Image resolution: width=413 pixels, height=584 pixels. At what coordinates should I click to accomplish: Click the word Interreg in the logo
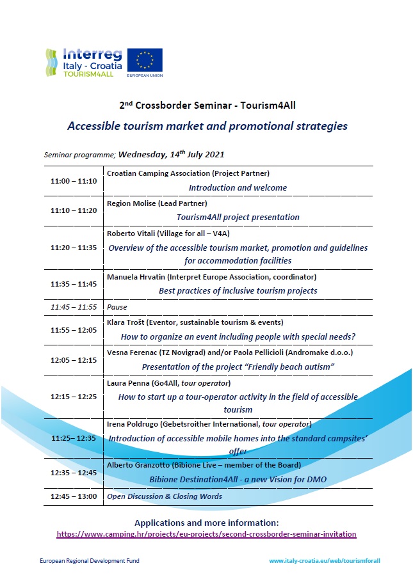(92, 54)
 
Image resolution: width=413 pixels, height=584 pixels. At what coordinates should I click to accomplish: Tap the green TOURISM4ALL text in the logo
(88, 74)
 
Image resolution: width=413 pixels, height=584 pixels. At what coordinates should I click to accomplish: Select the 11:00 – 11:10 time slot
(74, 181)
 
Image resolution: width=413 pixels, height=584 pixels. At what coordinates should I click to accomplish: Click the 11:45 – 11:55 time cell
(74, 307)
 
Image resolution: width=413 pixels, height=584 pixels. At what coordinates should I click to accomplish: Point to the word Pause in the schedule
(117, 307)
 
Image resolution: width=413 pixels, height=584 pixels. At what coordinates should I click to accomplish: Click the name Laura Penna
(123, 383)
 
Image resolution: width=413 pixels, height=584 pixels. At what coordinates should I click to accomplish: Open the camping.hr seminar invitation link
(206, 534)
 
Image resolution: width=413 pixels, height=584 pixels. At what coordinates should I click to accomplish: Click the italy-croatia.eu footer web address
(325, 560)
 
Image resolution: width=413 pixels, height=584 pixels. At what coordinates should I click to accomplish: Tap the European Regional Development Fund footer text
(90, 560)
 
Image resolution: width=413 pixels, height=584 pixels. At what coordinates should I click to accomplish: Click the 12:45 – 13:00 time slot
(74, 496)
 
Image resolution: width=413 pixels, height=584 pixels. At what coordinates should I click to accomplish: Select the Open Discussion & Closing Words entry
(165, 496)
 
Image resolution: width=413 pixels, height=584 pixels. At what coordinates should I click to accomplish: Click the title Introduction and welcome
(238, 187)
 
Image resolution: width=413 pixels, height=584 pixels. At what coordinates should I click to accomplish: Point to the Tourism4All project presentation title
(238, 217)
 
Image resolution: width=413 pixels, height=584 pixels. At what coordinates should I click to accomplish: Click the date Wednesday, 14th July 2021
(171, 154)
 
